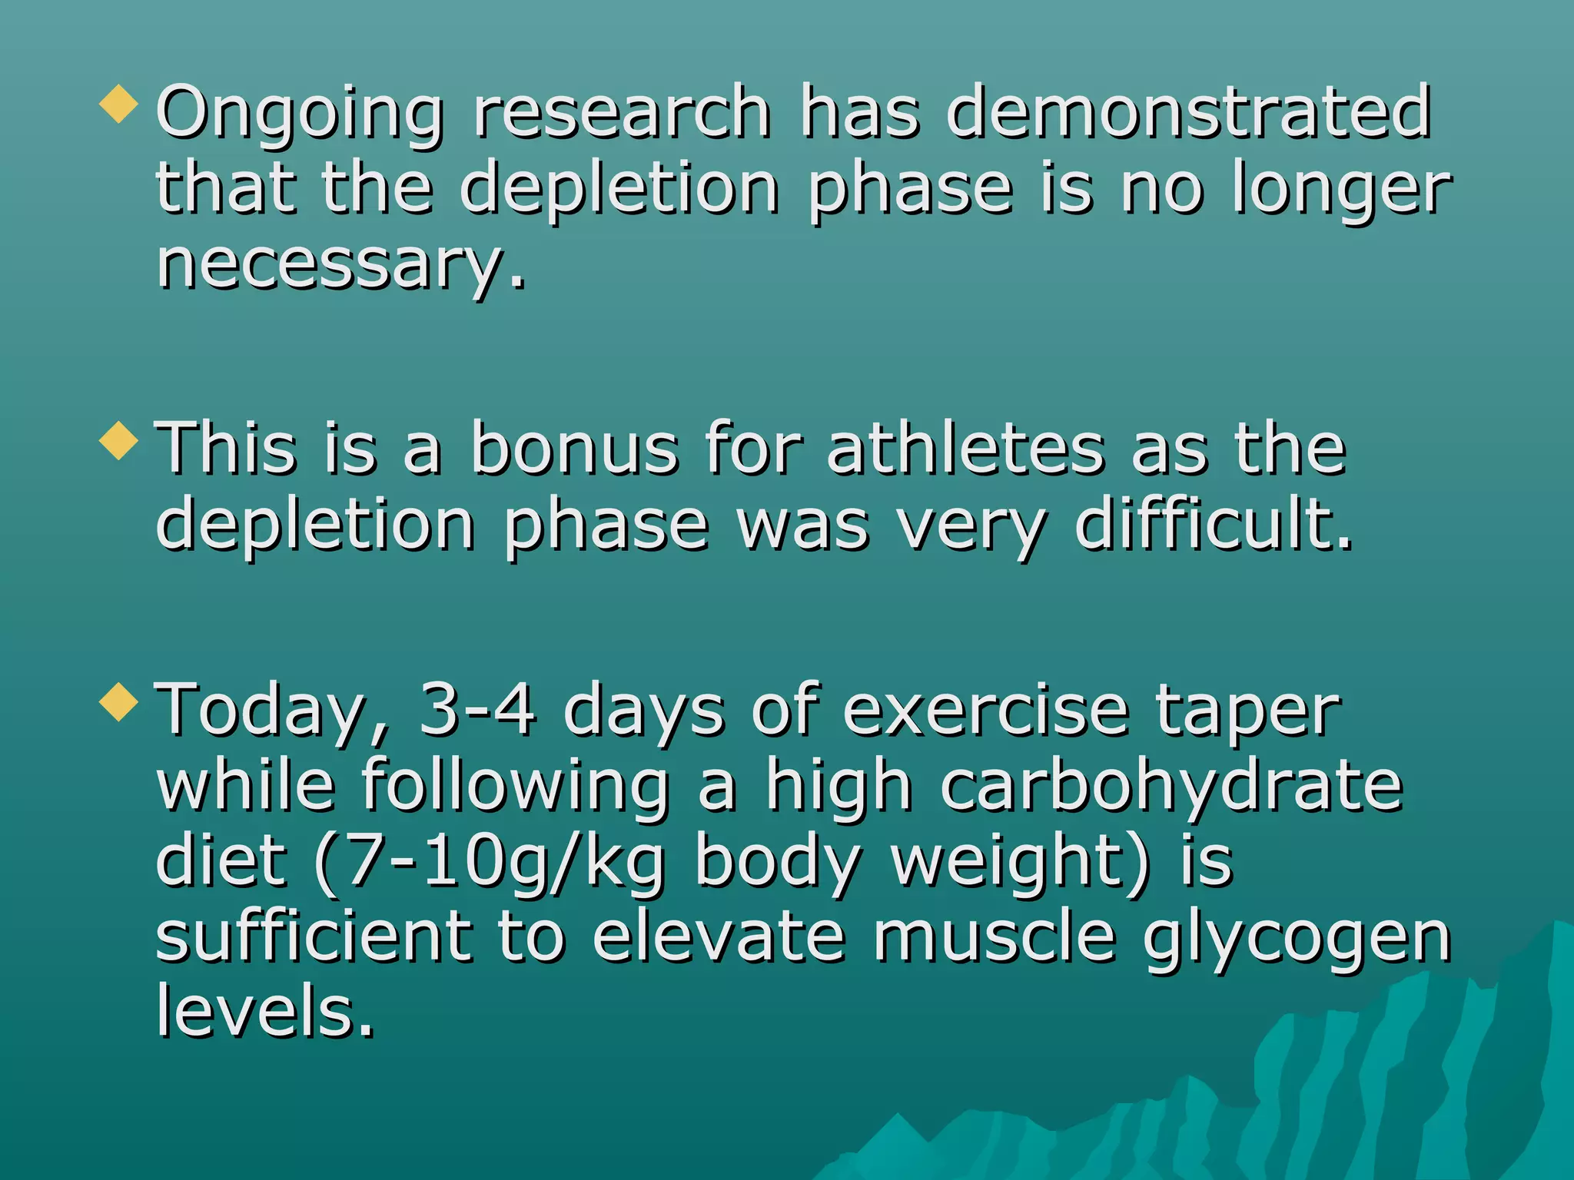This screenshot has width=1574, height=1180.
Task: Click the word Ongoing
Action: pyautogui.click(x=300, y=114)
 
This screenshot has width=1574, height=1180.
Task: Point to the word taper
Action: pyautogui.click(x=1248, y=711)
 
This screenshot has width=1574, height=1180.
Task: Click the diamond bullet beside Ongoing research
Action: pyautogui.click(x=119, y=104)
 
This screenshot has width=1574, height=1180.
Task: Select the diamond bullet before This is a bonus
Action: pyautogui.click(x=119, y=441)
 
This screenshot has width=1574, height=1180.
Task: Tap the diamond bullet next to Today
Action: pyautogui.click(x=119, y=702)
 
